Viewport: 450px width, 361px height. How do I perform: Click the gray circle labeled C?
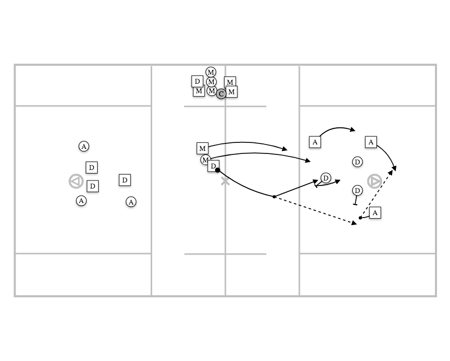221,94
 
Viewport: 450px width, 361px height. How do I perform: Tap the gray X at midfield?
225,182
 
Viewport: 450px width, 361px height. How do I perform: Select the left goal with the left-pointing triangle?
76,182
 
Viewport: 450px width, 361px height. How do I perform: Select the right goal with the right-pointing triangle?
374,182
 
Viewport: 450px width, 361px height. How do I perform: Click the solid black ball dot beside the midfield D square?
218,170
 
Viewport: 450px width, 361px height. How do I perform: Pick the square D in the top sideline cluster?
197,81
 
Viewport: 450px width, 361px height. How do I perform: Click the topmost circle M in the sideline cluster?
211,72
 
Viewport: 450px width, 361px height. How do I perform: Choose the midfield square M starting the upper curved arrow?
202,148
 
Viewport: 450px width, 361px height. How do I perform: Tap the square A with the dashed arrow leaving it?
375,213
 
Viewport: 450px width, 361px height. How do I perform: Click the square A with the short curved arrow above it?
315,142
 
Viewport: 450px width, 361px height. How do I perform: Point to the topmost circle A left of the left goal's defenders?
84,146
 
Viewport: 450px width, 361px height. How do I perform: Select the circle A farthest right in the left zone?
131,202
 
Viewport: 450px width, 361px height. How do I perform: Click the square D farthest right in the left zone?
125,180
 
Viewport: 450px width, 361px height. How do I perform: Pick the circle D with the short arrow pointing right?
326,178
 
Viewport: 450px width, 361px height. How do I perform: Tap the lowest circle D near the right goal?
357,190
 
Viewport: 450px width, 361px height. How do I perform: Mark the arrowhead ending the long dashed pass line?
354,223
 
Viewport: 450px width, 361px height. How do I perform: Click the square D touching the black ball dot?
213,166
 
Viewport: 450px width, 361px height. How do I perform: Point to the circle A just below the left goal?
81,201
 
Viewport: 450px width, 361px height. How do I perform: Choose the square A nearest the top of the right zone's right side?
371,142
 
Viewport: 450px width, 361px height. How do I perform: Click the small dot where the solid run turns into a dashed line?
274,197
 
